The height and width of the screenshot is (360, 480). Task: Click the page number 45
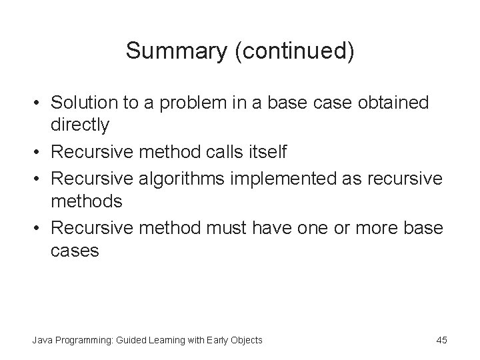(441, 340)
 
